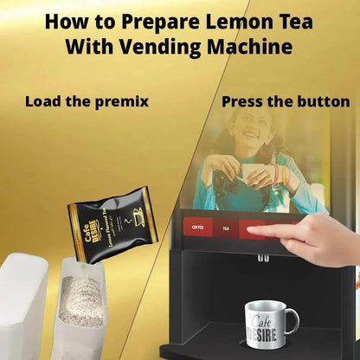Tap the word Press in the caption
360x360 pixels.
click(x=245, y=101)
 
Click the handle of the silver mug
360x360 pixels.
click(x=292, y=321)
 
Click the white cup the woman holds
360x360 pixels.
click(x=253, y=174)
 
